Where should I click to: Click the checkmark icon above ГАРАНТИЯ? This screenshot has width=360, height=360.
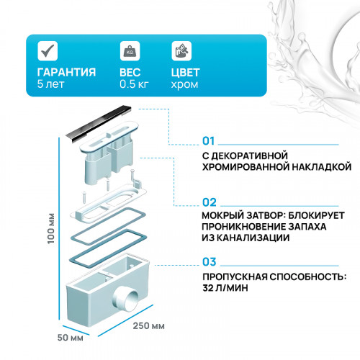tap(47, 50)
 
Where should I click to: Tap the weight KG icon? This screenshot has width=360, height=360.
tap(130, 51)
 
